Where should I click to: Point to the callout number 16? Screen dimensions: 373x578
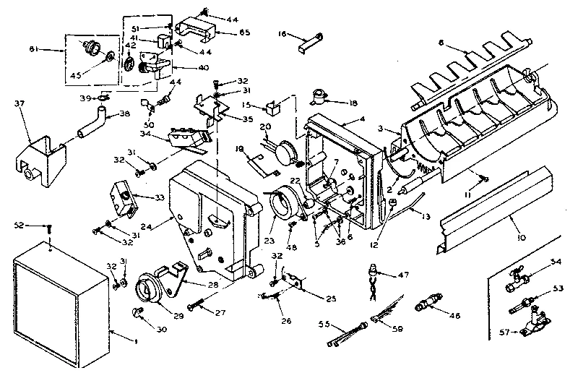tap(282, 33)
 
